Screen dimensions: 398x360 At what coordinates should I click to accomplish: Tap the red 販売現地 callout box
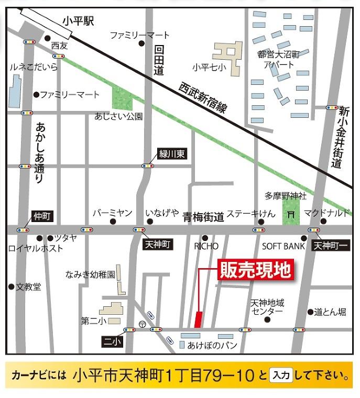click(254, 271)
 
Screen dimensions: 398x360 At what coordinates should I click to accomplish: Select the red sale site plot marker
click(198, 319)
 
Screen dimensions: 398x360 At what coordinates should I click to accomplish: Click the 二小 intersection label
click(112, 341)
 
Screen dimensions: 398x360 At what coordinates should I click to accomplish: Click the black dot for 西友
click(48, 38)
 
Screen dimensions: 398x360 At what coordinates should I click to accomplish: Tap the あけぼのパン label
click(212, 345)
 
